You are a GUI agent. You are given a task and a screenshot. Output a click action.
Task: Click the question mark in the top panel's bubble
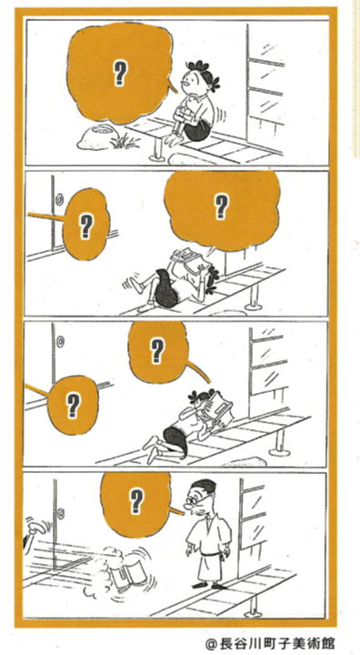[x=120, y=74]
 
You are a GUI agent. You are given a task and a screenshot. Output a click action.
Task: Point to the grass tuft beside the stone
[x=124, y=142]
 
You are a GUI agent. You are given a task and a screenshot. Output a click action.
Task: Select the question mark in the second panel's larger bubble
[x=220, y=207]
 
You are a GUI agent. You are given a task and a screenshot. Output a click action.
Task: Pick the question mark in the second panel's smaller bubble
[x=85, y=226]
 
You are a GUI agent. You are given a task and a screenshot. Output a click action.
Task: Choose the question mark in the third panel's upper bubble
[x=156, y=351]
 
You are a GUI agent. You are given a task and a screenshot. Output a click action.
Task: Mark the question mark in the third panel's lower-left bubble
[x=74, y=406]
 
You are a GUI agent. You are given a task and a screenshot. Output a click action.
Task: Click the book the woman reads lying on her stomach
[x=219, y=408]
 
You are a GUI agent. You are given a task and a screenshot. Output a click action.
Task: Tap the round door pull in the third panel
[x=62, y=341]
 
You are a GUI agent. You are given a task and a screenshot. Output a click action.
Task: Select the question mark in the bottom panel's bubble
[x=136, y=501]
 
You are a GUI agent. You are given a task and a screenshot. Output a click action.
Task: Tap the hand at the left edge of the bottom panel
[x=35, y=528]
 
